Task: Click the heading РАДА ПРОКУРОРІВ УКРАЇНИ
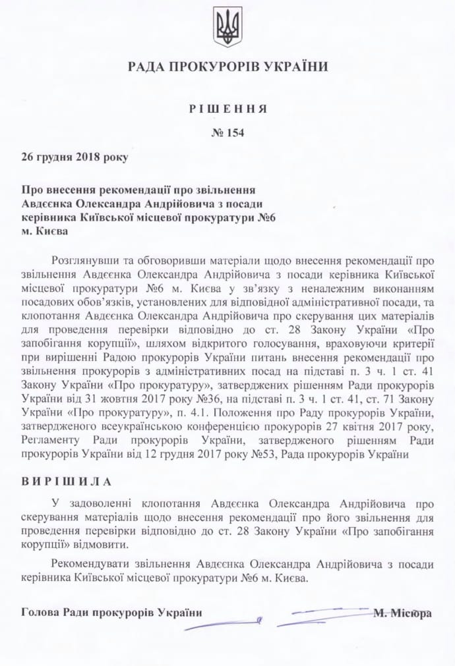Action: tap(228, 66)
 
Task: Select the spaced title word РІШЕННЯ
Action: tap(228, 109)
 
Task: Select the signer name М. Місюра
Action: tap(402, 613)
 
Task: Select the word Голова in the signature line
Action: tap(40, 613)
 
